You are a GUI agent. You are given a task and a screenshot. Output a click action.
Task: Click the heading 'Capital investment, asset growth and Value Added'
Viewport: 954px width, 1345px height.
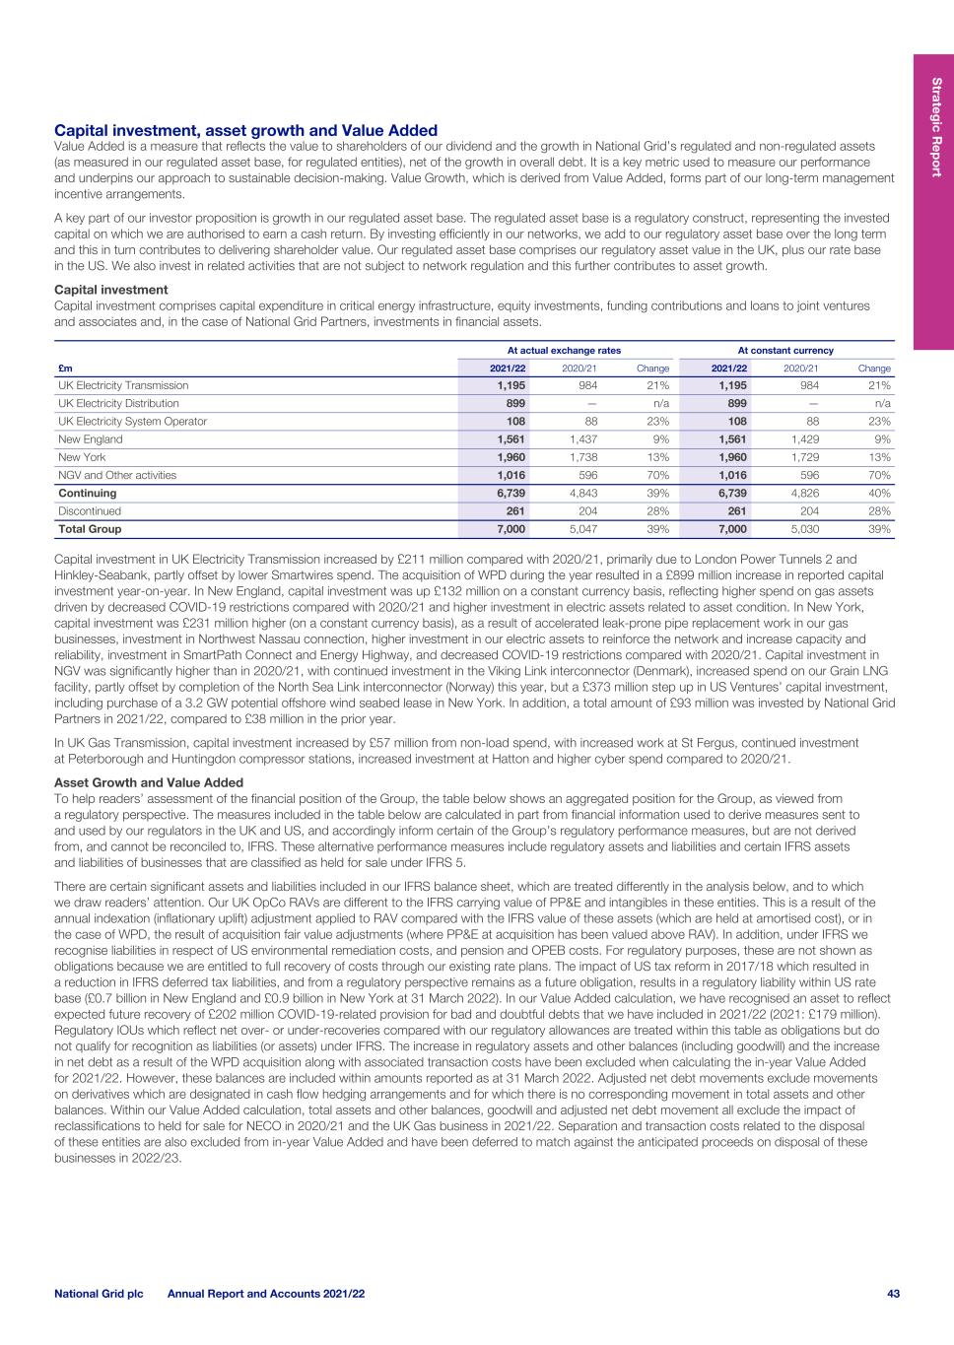tap(245, 130)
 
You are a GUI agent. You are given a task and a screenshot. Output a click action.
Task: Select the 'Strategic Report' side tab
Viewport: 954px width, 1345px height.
tap(933, 127)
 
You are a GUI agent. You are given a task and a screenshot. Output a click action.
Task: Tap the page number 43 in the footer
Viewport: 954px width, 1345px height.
tap(893, 1292)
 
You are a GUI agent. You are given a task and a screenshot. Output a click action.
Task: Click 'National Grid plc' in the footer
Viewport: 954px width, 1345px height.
tap(99, 1292)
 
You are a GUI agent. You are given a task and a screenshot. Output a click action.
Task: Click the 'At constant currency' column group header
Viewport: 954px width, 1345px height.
tap(785, 350)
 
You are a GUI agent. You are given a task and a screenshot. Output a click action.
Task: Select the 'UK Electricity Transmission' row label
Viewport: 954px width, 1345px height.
tap(123, 385)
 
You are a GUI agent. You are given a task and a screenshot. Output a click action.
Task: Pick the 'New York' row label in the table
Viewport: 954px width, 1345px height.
tap(78, 457)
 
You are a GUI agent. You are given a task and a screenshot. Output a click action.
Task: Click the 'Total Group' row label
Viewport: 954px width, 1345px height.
tap(90, 529)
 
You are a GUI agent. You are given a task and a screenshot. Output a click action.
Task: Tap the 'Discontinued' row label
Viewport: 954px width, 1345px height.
tap(90, 511)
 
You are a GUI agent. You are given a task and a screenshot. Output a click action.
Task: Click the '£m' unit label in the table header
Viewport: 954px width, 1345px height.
tap(65, 368)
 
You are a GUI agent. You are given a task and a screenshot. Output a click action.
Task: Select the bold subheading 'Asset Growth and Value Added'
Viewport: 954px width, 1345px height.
tap(148, 782)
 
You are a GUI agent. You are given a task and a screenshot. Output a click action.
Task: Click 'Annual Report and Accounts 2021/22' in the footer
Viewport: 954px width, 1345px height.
tap(266, 1292)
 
